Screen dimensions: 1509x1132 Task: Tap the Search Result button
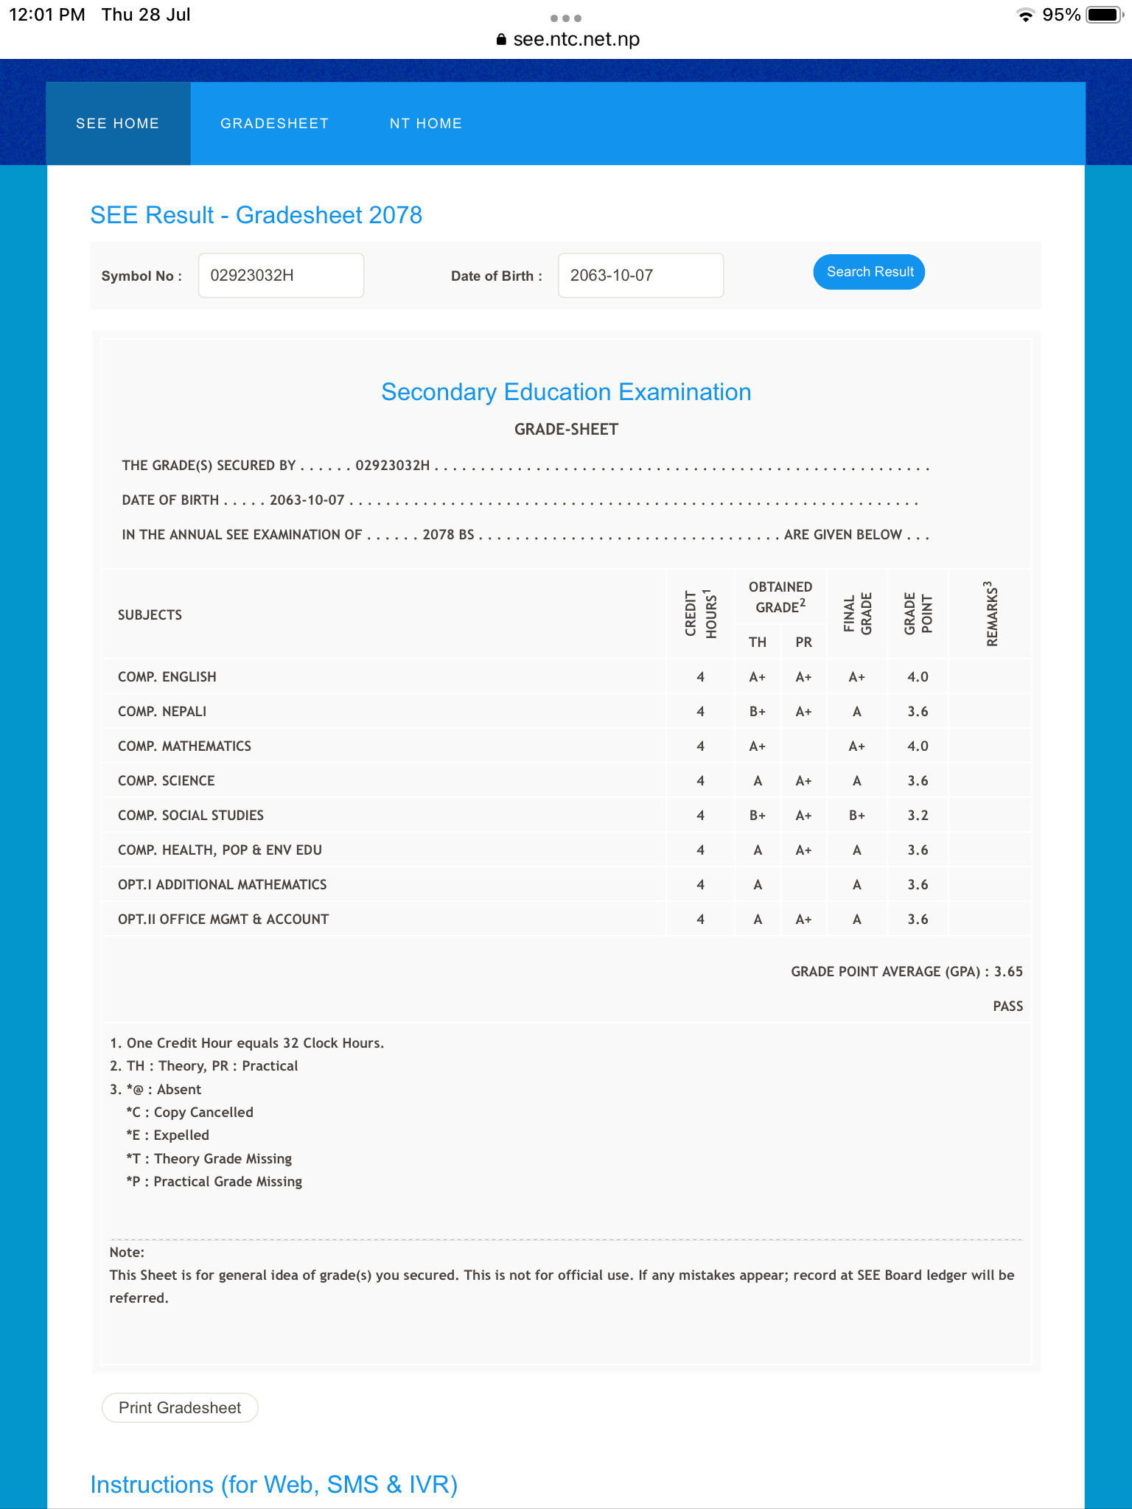pos(869,272)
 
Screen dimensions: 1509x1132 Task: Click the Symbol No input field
pos(281,276)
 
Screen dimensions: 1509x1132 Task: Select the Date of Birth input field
pos(640,276)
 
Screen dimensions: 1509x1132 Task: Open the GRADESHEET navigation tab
pos(274,124)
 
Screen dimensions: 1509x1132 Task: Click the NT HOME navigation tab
pos(425,124)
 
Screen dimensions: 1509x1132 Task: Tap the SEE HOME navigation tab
pos(118,124)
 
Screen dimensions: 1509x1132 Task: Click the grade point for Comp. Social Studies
pos(918,816)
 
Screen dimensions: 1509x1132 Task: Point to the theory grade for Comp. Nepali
pos(757,712)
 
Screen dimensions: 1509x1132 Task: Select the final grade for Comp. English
pos(856,677)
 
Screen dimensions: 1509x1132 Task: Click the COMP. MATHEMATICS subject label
pos(184,746)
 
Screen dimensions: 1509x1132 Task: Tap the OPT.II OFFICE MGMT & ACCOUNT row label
pos(223,920)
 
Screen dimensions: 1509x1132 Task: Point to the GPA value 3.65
pos(1008,972)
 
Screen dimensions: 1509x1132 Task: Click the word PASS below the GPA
pos(1007,1006)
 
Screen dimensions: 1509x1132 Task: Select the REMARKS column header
pos(992,614)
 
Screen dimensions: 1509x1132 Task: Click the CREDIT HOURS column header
pos(700,614)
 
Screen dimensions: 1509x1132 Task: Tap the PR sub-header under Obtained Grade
pos(803,643)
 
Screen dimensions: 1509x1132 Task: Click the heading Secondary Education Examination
pos(566,392)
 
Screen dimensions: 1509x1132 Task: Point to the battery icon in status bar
pos(1104,15)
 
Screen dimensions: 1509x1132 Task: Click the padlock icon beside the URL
pos(501,40)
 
